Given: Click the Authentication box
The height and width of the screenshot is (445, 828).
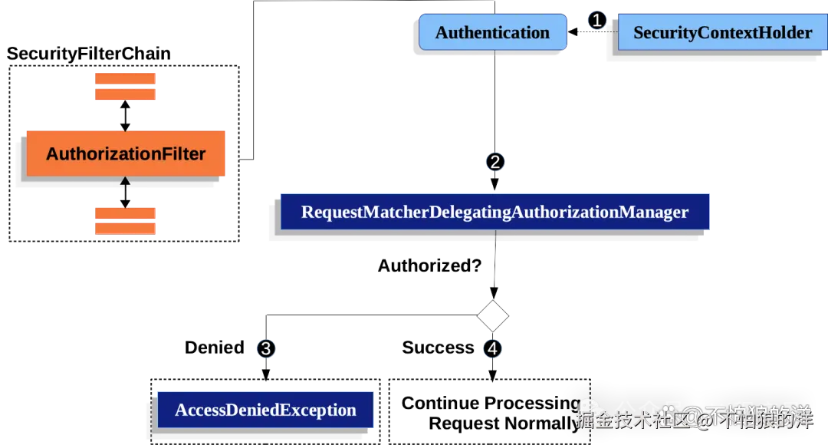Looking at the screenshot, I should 492,33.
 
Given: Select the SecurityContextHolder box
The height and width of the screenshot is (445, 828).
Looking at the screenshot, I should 722,33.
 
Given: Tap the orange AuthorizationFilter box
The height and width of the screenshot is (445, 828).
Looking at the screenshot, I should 126,153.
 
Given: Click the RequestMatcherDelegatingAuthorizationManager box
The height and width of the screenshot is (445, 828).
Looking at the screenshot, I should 495,212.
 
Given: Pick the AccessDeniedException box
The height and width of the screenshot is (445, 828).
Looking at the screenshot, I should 265,410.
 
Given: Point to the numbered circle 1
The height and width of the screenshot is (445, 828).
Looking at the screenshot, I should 596,21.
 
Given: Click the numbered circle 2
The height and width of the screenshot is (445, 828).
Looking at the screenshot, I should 495,162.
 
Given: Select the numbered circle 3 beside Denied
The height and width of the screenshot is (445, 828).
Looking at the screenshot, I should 265,348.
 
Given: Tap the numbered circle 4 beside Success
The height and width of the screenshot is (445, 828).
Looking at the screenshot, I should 493,348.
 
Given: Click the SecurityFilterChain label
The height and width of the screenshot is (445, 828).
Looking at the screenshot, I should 89,54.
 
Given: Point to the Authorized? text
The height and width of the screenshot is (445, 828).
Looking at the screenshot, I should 429,266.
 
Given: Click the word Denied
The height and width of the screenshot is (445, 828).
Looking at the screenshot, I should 214,348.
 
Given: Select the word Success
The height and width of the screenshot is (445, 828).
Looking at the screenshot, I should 438,348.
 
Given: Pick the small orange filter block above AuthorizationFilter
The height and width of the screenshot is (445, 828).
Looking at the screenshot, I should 125,86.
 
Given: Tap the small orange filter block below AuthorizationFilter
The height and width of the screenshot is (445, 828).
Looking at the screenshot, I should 125,220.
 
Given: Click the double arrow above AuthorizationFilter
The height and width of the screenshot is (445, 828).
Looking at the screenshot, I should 125,116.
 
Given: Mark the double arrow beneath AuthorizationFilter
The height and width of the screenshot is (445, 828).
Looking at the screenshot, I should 125,191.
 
